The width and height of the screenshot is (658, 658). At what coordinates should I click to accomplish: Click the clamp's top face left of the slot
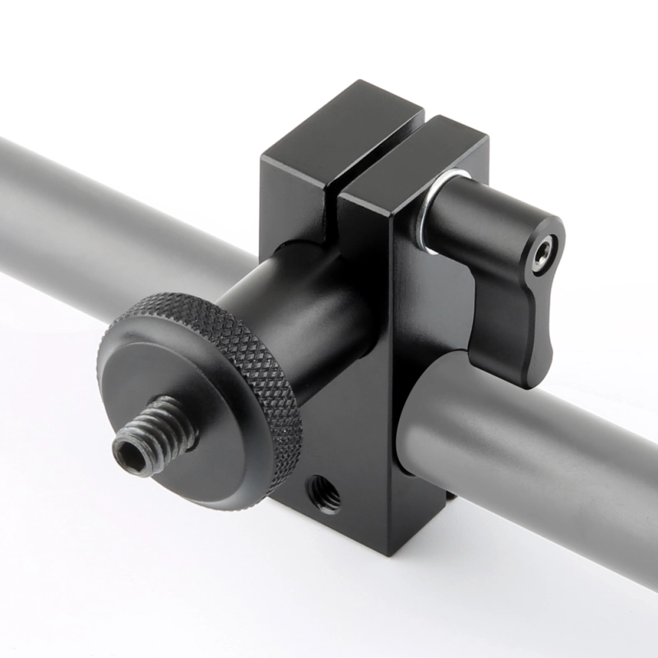pyautogui.click(x=341, y=123)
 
